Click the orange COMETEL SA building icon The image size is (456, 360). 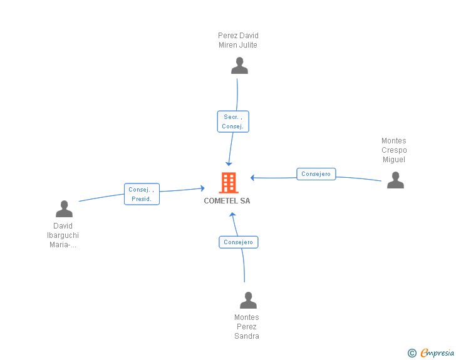point(228,183)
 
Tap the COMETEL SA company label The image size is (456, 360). point(227,201)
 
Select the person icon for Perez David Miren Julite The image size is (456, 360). point(239,66)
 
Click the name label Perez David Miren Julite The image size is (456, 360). point(238,40)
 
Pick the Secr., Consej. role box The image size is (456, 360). point(233,121)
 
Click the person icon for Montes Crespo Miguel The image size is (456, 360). point(395,180)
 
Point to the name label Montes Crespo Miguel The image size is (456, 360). point(394,150)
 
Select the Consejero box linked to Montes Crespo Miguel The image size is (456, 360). point(316,174)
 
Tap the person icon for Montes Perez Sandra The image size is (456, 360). point(248,301)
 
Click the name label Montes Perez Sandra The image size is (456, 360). point(247,327)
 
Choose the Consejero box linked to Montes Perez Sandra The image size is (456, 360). point(238,242)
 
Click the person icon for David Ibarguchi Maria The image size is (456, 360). point(64,209)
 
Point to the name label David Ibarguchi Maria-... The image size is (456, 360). point(63,235)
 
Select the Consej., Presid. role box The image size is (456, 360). point(142,194)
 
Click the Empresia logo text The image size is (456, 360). point(437,353)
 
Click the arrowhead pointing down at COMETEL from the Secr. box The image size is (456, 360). point(229,163)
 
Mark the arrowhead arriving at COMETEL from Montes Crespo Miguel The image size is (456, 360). point(252,178)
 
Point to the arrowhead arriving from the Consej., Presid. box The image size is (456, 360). point(202,188)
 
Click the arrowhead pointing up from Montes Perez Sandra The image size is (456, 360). point(232,215)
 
